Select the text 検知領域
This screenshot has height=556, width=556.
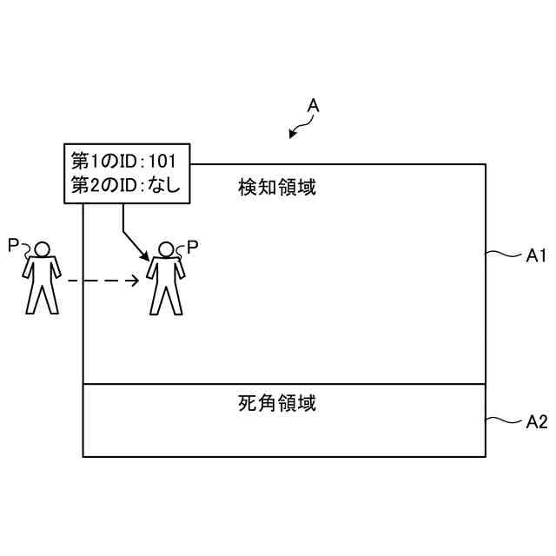point(276,186)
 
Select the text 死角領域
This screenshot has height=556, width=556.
point(276,403)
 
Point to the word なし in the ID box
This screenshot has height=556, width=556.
point(164,184)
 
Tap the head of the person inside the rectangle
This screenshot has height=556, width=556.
point(165,250)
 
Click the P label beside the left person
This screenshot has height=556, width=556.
point(13,246)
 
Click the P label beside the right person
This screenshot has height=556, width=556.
point(193,247)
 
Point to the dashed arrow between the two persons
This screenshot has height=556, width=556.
point(103,281)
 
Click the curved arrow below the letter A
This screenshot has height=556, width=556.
point(301,129)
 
